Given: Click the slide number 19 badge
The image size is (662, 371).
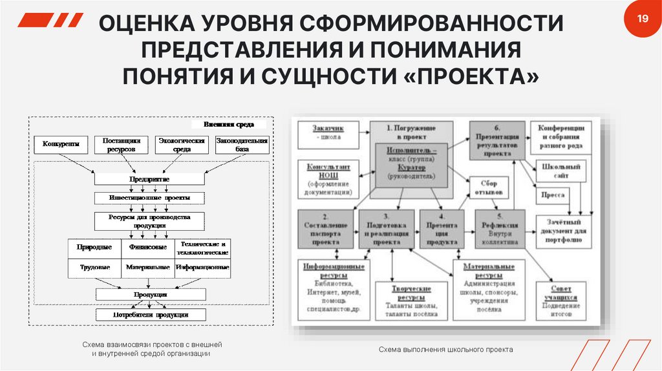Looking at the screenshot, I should [x=642, y=19].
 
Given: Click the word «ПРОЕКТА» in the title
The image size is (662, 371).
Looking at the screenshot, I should [x=475, y=75].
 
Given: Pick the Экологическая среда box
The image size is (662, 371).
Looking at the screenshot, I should [x=180, y=145].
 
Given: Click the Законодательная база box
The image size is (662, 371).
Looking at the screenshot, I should [x=242, y=145].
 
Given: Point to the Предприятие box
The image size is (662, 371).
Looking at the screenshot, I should [x=150, y=178].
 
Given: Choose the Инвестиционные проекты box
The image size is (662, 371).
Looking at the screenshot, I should [x=150, y=197].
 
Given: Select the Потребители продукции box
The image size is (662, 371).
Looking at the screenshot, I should [x=150, y=315].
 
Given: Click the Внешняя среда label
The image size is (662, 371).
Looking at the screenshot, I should [x=229, y=124].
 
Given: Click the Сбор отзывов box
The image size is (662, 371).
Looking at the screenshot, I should [x=489, y=187].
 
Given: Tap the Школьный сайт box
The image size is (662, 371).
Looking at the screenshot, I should [x=558, y=171].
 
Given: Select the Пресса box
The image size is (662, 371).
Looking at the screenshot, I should [x=553, y=195].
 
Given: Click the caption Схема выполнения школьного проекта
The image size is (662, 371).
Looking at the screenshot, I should [x=445, y=350].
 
